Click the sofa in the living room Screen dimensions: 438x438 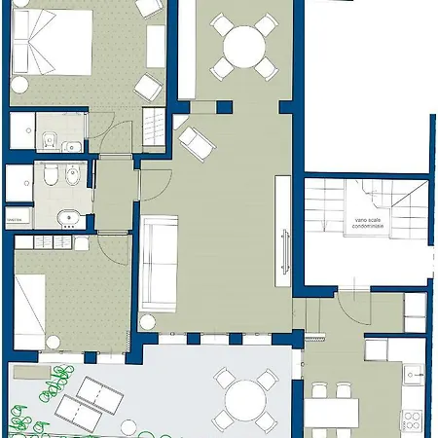157,264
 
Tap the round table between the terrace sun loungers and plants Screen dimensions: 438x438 128,424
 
